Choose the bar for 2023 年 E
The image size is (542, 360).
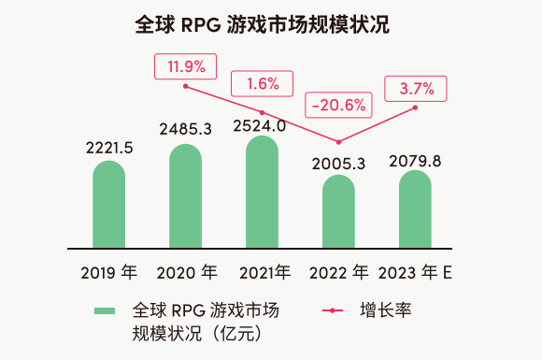pyautogui.click(x=415, y=209)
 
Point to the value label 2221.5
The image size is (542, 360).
pyautogui.click(x=108, y=147)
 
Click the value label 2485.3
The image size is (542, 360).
pyautogui.click(x=185, y=128)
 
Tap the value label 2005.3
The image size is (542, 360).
pyautogui.click(x=339, y=164)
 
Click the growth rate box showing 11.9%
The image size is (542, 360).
pyautogui.click(x=186, y=66)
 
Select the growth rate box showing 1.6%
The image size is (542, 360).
pyautogui.click(x=263, y=83)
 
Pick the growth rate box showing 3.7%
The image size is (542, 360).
pyautogui.click(x=416, y=89)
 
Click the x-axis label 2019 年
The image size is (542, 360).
pyautogui.click(x=108, y=273)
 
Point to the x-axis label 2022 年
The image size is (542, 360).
pyautogui.click(x=338, y=273)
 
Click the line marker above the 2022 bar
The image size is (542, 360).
pyautogui.click(x=338, y=142)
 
